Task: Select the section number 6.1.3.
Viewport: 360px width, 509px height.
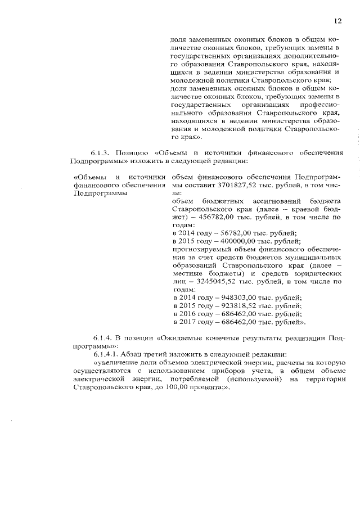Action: [101, 152]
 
